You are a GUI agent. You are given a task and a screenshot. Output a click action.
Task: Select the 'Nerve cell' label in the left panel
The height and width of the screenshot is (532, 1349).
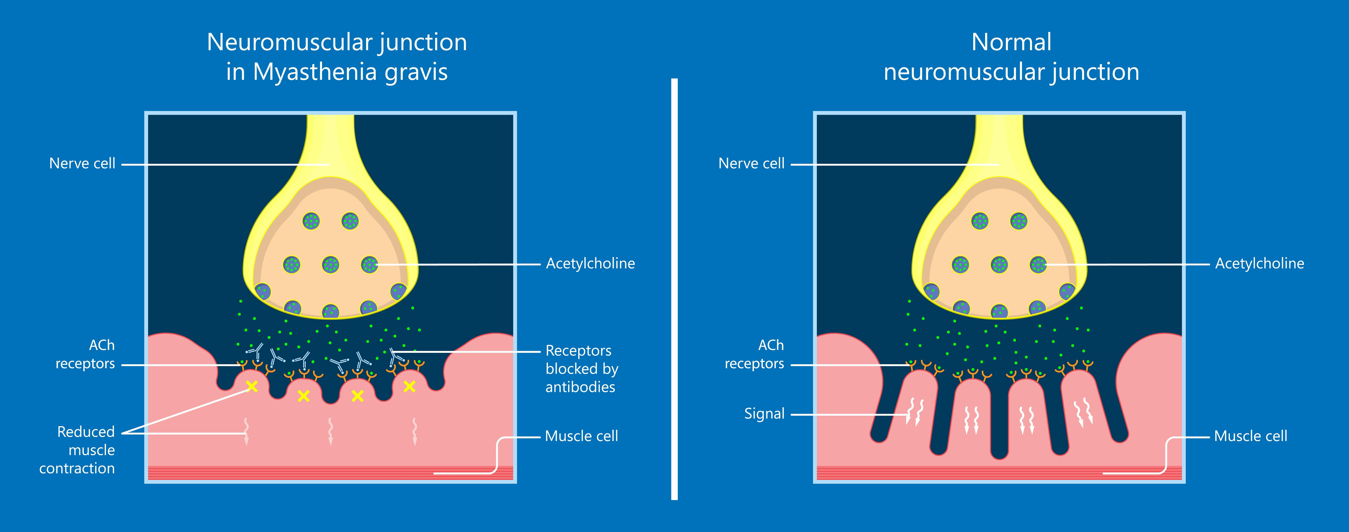click(82, 163)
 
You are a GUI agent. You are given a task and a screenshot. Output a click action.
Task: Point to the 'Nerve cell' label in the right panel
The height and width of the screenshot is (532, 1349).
click(751, 163)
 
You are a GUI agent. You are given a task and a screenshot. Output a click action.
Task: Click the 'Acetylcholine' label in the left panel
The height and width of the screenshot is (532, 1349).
click(590, 263)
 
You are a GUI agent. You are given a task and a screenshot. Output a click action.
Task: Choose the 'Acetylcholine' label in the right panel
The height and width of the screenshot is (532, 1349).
click(1260, 263)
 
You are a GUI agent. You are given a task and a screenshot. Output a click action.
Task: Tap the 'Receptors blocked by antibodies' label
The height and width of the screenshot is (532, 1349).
click(581, 369)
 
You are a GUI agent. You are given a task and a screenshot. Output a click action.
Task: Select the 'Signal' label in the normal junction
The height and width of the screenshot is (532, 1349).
click(764, 414)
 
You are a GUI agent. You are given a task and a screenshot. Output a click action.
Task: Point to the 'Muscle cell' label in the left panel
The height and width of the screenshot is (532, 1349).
click(581, 436)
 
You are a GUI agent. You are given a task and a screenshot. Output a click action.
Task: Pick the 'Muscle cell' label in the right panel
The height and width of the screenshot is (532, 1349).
click(1251, 436)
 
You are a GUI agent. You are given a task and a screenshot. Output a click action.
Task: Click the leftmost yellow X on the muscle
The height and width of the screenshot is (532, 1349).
click(252, 387)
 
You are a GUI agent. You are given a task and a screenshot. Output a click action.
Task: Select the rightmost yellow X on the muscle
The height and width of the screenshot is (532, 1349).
click(409, 387)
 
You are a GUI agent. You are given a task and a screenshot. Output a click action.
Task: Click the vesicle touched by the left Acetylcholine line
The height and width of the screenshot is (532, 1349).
click(369, 264)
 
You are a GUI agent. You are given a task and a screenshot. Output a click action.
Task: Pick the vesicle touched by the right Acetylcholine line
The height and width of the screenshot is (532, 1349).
click(1038, 264)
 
